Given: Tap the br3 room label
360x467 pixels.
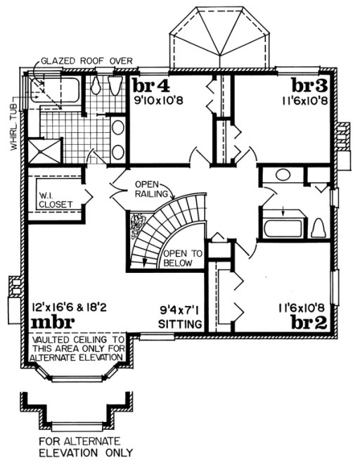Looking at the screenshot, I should point(309,87).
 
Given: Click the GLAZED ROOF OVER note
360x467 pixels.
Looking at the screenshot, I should point(86,60).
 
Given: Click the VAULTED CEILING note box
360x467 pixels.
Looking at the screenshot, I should point(75,347).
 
